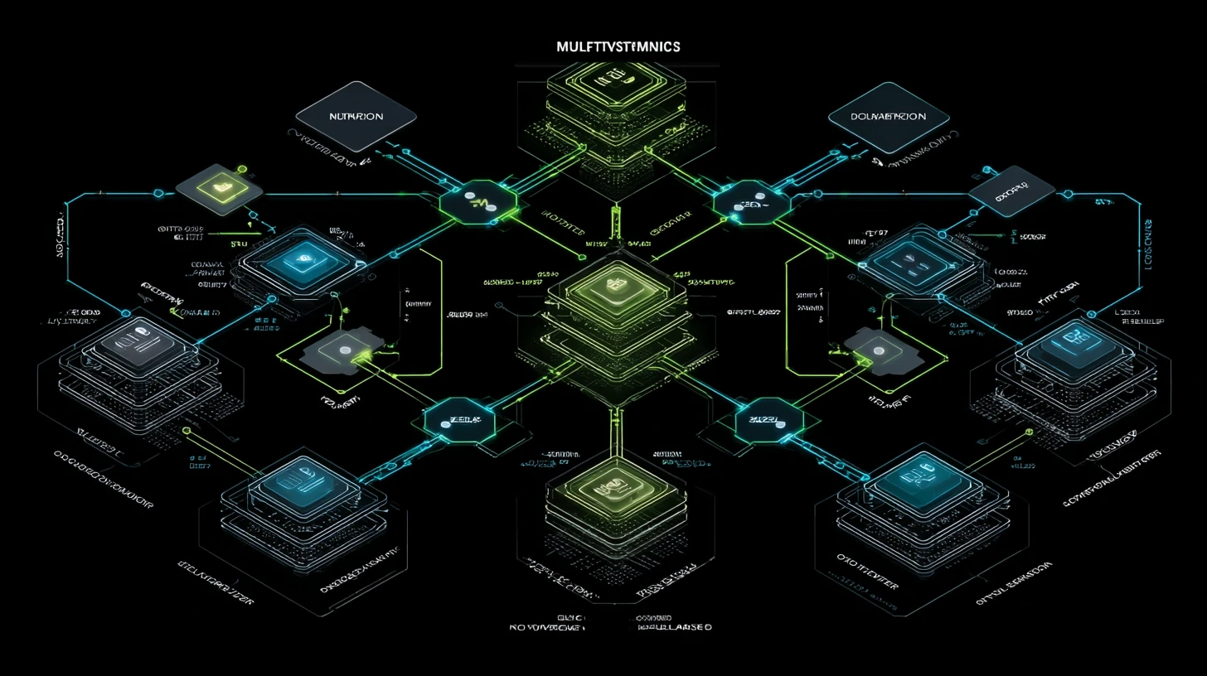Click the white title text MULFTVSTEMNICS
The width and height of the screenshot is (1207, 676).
click(618, 46)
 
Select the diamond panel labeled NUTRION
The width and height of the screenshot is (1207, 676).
click(356, 117)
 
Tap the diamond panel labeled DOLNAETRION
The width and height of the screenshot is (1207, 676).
click(889, 117)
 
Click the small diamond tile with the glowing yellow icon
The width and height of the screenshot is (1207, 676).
click(220, 188)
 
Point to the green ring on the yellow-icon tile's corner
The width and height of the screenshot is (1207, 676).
click(242, 170)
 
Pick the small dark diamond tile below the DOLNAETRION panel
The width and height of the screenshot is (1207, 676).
click(1000, 191)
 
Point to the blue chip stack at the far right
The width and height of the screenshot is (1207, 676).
click(1073, 342)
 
